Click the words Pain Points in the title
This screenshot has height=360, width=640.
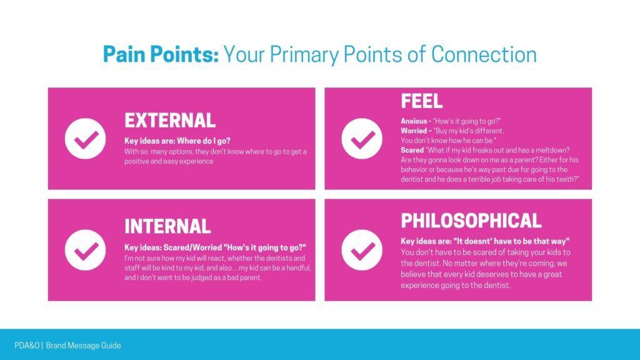click(x=161, y=54)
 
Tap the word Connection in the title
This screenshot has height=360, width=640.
click(x=484, y=54)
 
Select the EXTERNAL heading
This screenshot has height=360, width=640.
click(x=170, y=121)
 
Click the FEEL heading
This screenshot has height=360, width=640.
click(x=422, y=101)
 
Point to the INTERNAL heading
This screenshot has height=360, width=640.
click(x=167, y=226)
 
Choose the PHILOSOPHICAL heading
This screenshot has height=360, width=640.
click(x=471, y=221)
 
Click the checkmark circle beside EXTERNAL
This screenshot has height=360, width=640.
click(x=85, y=138)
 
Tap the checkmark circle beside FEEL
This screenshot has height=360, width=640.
click(x=362, y=138)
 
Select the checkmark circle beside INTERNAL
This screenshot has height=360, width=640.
click(x=85, y=250)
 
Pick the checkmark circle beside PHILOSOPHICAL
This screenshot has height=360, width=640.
click(x=362, y=250)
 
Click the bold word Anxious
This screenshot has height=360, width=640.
click(x=414, y=121)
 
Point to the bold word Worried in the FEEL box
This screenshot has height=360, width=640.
click(x=414, y=131)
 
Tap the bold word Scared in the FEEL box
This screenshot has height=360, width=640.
click(x=412, y=150)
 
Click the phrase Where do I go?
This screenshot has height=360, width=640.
click(x=204, y=141)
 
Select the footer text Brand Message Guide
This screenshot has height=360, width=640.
click(x=83, y=345)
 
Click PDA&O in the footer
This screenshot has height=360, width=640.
click(x=27, y=345)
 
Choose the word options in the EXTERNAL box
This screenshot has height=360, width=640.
click(x=181, y=152)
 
